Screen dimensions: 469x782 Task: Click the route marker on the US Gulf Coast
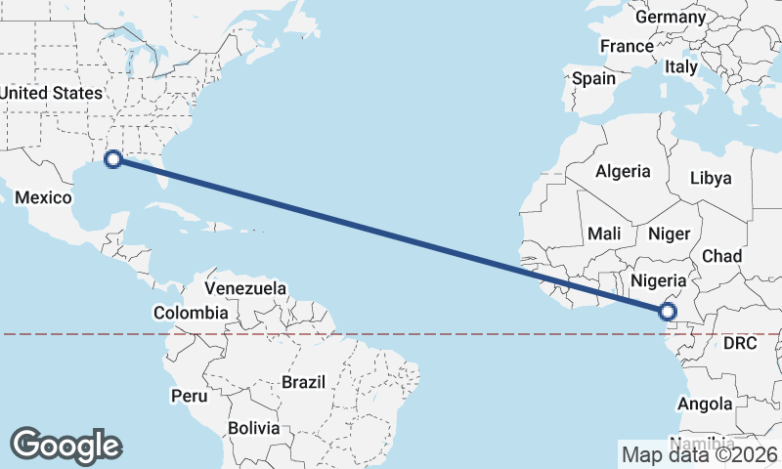[x=113, y=158]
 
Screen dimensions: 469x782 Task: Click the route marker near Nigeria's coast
[x=667, y=313]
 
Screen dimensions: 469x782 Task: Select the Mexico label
[x=43, y=198]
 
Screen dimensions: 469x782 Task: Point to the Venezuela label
[x=245, y=288]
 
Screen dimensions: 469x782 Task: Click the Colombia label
[x=191, y=314]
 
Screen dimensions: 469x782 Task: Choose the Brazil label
[x=303, y=382]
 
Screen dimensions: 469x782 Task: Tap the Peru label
[x=190, y=396]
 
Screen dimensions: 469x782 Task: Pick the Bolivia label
[x=253, y=428]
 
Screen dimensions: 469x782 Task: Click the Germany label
[x=670, y=18]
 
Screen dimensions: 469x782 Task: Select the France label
[x=627, y=46]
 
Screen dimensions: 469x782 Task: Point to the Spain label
[x=594, y=78]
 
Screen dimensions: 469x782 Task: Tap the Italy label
[x=680, y=67]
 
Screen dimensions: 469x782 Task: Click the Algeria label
[x=623, y=171]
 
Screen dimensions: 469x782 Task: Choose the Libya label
[x=710, y=178]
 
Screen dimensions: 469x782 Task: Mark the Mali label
[x=604, y=234]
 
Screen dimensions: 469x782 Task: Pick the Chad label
[x=721, y=256]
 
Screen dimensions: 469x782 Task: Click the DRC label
[x=741, y=344]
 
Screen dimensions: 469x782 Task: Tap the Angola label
[x=706, y=404]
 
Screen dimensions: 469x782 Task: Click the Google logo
[x=66, y=445]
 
